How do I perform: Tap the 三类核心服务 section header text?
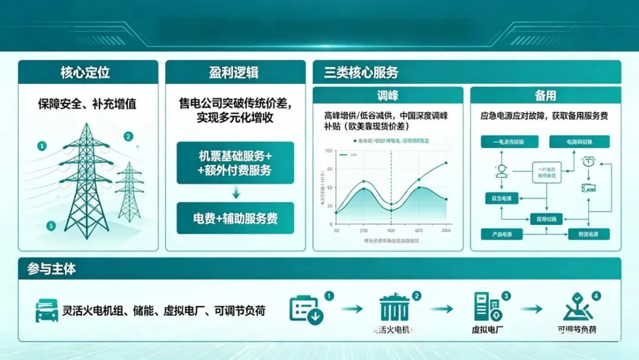pos(361,73)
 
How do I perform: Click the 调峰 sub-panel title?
pos(388,96)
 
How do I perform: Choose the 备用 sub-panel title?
pos(545,96)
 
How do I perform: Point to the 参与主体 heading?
pos(51,269)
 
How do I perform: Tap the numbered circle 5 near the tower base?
pos(51,226)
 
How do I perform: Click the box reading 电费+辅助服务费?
pos(235,218)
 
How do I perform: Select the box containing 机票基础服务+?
pos(235,163)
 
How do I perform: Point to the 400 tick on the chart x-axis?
pos(390,230)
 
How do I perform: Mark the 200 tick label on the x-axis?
pos(363,230)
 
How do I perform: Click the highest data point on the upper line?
pos(446,162)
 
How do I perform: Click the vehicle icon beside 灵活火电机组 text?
pos(46,310)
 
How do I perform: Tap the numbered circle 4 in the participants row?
pos(596,295)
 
